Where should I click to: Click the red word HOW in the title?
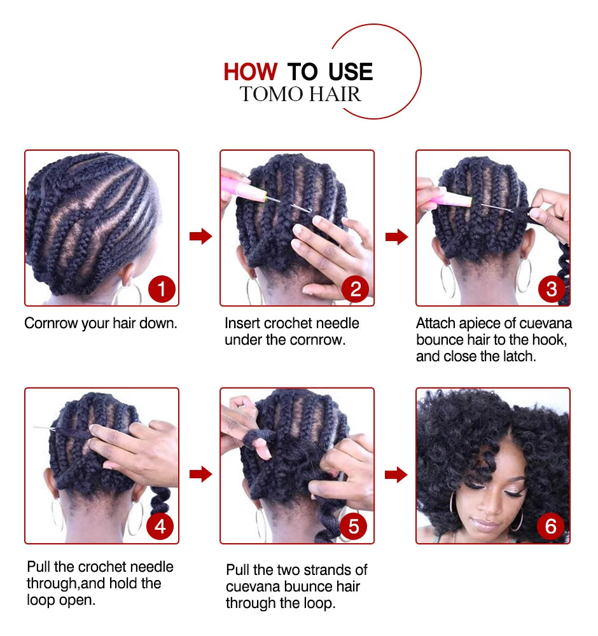250,72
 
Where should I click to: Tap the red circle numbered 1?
162,289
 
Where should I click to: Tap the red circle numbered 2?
356,289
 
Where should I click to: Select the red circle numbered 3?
552,289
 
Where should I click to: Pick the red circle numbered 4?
160,527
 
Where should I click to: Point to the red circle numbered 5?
353,527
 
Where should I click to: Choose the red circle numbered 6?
550,527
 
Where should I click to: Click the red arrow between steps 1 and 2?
201,236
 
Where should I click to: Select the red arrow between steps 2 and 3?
397,237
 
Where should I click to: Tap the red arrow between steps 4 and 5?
201,474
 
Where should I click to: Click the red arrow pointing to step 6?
396,474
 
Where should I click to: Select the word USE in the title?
351,72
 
